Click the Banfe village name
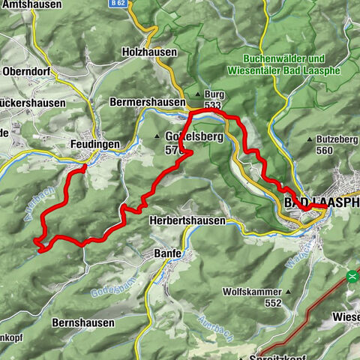169,253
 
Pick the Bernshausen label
83,322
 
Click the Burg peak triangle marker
198,94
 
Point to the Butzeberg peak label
334,139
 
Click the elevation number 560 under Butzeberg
324,150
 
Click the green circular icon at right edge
354,274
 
